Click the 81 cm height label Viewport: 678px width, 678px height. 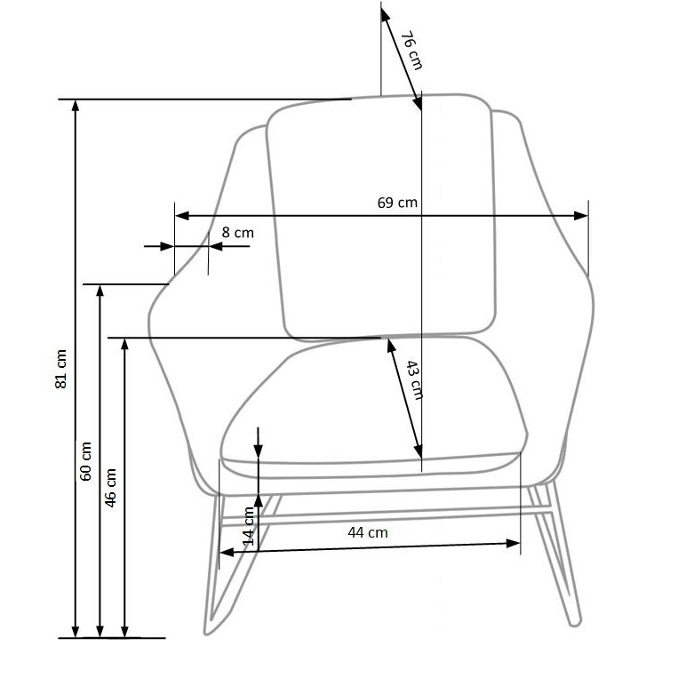pyautogui.click(x=61, y=369)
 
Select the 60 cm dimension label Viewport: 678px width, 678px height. pyautogui.click(x=85, y=461)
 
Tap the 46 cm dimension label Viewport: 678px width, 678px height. pyautogui.click(x=110, y=488)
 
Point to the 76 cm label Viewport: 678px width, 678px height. pyautogui.click(x=411, y=50)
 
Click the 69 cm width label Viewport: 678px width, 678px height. pyautogui.click(x=397, y=203)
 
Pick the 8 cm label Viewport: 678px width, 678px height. pyautogui.click(x=238, y=233)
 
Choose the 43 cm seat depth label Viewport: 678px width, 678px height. pyautogui.click(x=415, y=380)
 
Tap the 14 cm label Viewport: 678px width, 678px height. pyautogui.click(x=249, y=526)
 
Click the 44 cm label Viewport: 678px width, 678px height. pyautogui.click(x=368, y=532)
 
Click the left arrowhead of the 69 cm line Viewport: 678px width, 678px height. pyautogui.click(x=181, y=215)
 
